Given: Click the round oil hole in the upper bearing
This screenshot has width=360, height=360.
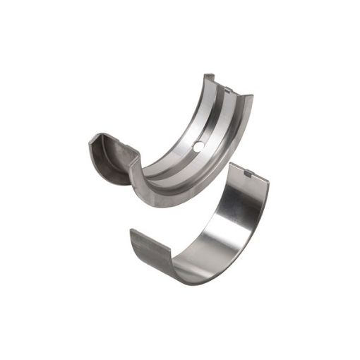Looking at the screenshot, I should pos(198,145).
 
